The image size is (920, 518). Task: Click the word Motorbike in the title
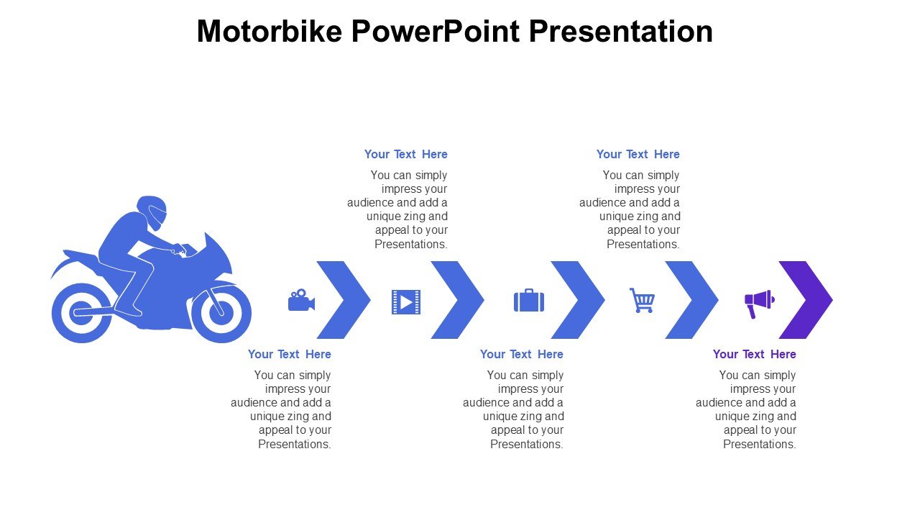pyautogui.click(x=270, y=31)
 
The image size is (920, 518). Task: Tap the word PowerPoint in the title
pyautogui.click(x=436, y=31)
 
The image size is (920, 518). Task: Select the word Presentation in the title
pyautogui.click(x=620, y=31)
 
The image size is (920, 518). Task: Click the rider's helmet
pyautogui.click(x=152, y=212)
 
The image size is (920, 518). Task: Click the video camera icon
pyautogui.click(x=301, y=300)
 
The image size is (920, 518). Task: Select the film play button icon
pyautogui.click(x=406, y=302)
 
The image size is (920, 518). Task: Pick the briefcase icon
pyautogui.click(x=529, y=301)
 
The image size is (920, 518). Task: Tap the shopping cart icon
pyautogui.click(x=643, y=300)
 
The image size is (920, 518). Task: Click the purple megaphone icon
pyautogui.click(x=760, y=304)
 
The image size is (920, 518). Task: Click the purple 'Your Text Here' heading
pyautogui.click(x=755, y=355)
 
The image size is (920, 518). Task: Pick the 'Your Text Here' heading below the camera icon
pyautogui.click(x=290, y=355)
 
